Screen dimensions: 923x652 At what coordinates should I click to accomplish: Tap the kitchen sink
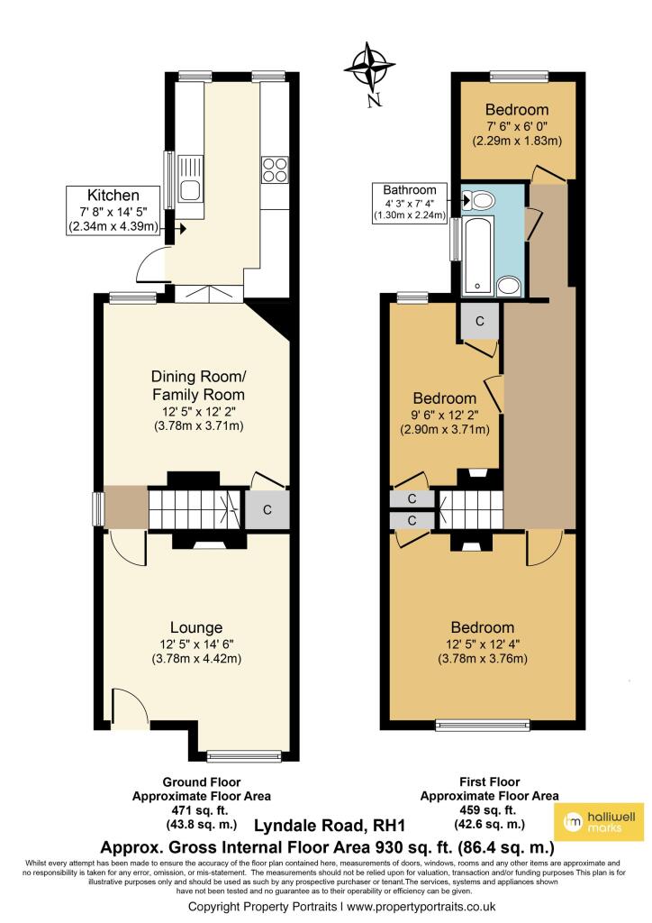tap(191, 178)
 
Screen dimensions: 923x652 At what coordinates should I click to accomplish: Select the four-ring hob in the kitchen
tap(274, 169)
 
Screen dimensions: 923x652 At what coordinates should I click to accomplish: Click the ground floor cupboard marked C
tap(267, 510)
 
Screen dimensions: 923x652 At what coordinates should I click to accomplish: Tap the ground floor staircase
tap(193, 510)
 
